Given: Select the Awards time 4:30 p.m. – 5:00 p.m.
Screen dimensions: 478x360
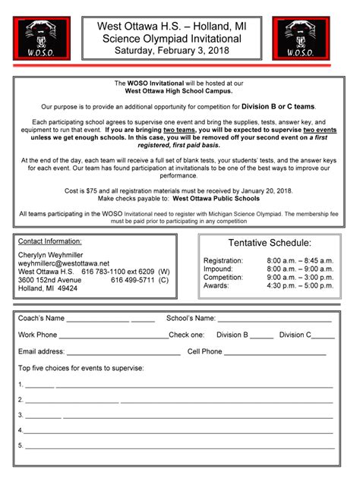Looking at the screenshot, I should point(300,286).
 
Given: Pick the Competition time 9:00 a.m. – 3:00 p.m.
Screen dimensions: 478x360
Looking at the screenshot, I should point(300,278).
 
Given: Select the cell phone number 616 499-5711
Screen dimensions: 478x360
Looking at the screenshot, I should point(132,280).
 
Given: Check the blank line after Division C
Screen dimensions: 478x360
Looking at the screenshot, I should point(323,335).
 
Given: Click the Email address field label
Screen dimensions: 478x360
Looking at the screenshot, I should point(42,352).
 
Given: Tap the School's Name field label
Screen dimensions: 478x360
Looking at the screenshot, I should point(191,319).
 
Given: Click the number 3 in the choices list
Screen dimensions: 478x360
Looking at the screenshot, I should point(21,416).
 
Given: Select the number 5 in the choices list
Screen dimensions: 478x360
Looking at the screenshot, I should point(21,445).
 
